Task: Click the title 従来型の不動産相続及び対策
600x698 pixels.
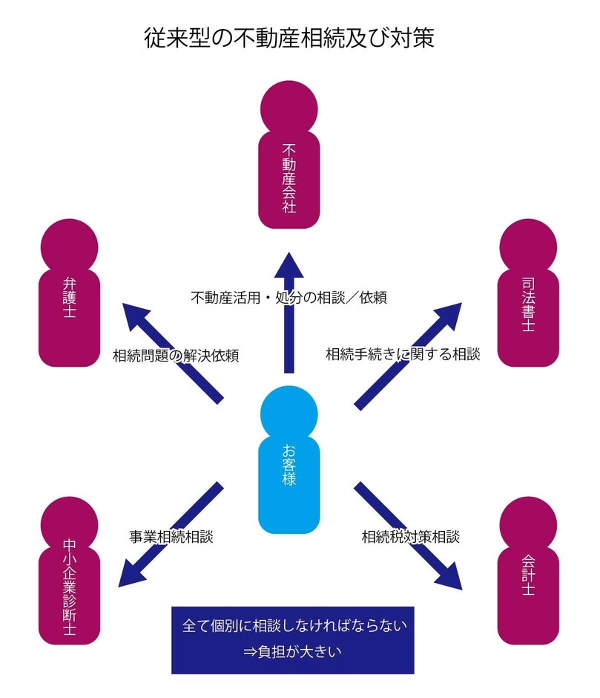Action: (290, 38)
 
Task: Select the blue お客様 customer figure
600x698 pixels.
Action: (289, 460)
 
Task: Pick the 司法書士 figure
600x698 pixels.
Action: (527, 297)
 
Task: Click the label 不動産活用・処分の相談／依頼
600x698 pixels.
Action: (289, 297)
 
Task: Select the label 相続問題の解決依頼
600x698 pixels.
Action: (175, 355)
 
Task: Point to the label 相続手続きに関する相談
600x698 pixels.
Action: (403, 354)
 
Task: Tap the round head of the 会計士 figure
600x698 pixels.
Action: (527, 523)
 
